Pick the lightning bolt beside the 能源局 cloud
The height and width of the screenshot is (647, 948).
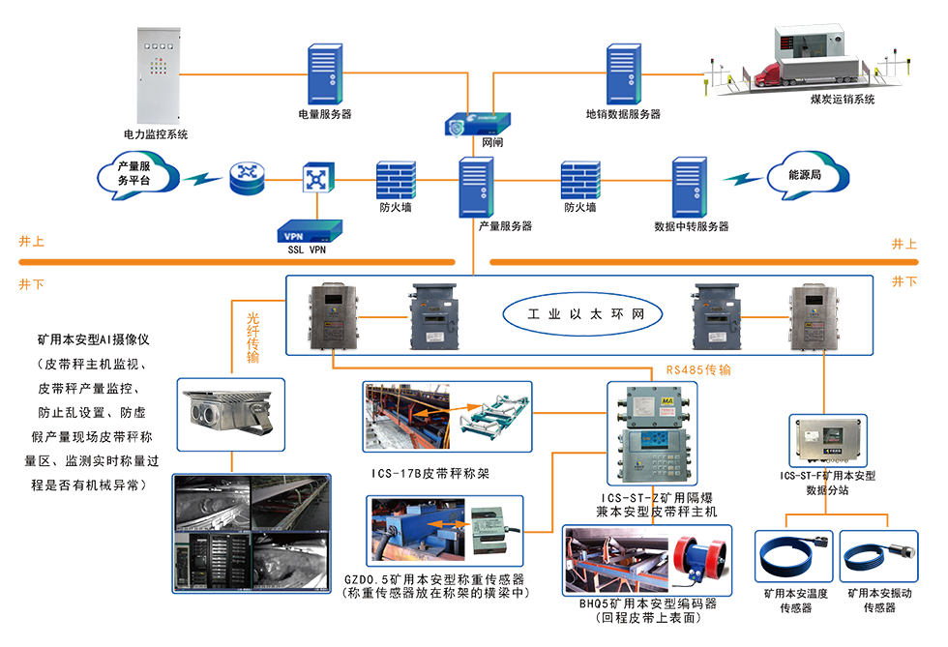(x=743, y=178)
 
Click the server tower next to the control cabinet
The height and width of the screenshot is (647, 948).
(x=320, y=73)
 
